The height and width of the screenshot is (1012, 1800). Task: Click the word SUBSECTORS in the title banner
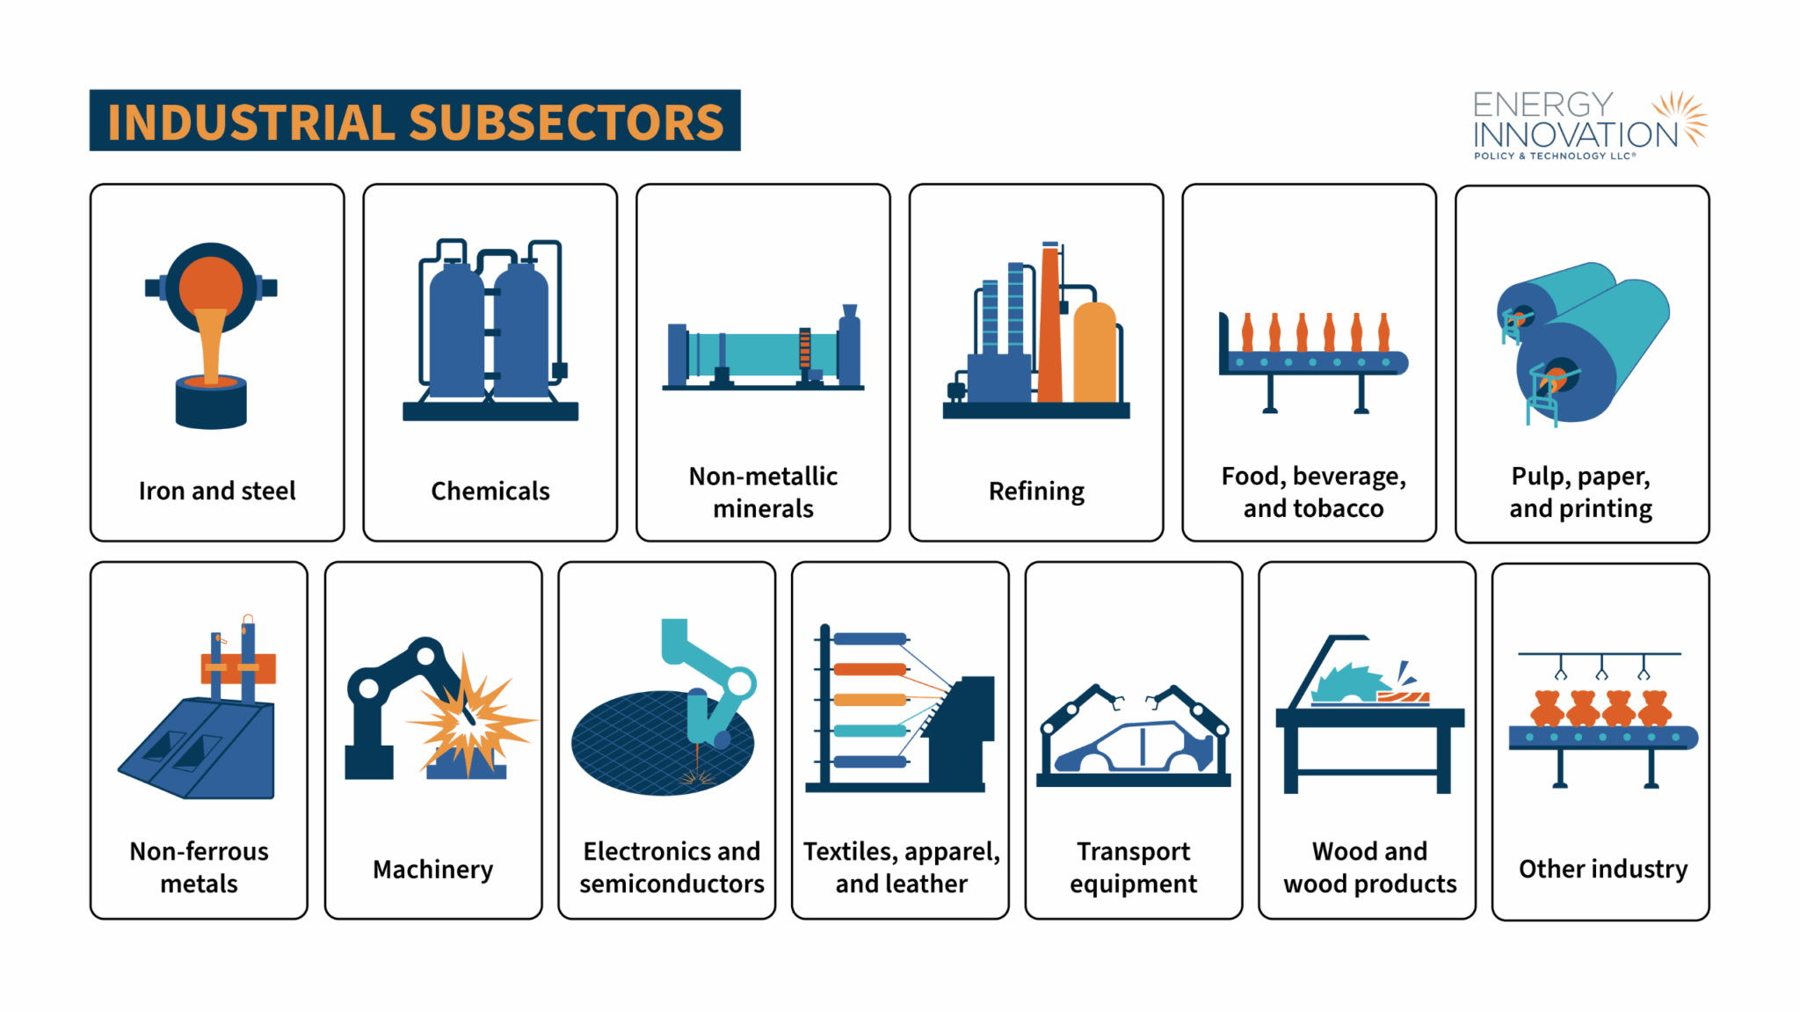pyautogui.click(x=566, y=121)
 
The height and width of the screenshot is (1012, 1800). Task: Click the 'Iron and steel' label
pyautogui.click(x=217, y=491)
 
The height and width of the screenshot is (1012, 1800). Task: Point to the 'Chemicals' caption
pyautogui.click(x=490, y=491)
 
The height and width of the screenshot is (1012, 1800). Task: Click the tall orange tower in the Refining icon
pyautogui.click(x=1050, y=325)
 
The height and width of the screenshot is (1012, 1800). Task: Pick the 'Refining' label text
pyautogui.click(x=1036, y=491)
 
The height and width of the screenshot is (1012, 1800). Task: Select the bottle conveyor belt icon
pyautogui.click(x=1313, y=361)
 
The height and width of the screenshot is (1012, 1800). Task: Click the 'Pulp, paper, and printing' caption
pyautogui.click(x=1581, y=492)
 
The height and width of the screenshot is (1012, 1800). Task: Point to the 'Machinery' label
pyautogui.click(x=432, y=869)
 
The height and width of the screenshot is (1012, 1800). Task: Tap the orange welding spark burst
pyautogui.click(x=470, y=717)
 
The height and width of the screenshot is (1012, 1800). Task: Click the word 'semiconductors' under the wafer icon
pyautogui.click(x=671, y=884)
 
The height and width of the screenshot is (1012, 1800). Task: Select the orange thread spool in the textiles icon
pyautogui.click(x=869, y=669)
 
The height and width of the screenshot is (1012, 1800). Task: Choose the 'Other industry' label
pyautogui.click(x=1603, y=869)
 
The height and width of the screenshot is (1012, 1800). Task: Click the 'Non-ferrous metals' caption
pyautogui.click(x=200, y=867)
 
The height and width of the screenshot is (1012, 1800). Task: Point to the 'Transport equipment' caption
pyautogui.click(x=1134, y=867)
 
